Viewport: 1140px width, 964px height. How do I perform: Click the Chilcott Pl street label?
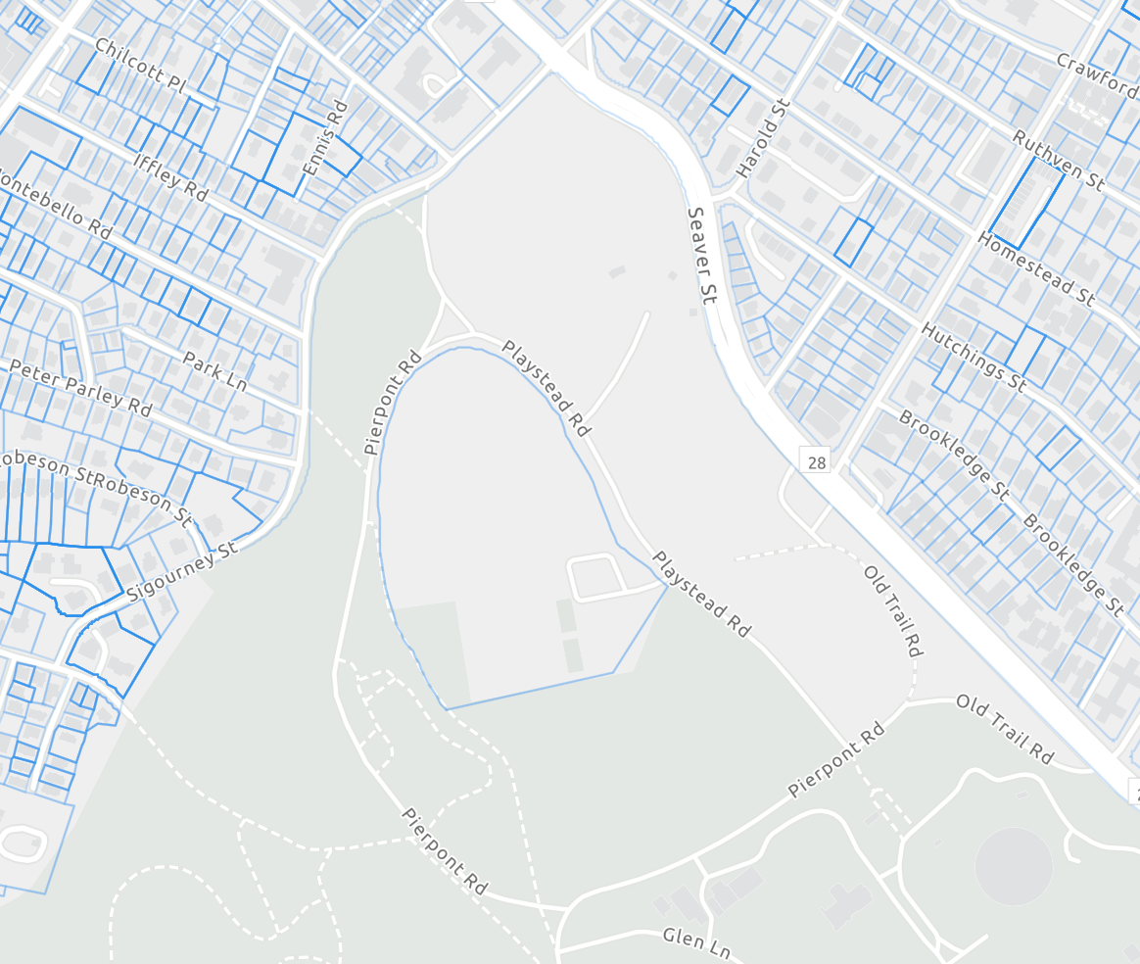click(140, 66)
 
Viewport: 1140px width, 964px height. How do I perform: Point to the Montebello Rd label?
click(54, 205)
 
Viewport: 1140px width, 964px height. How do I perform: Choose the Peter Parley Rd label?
click(79, 387)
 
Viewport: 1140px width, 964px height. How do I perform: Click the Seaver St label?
click(702, 255)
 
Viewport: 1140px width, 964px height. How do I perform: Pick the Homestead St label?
click(1035, 268)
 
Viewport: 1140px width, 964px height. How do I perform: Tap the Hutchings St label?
click(974, 358)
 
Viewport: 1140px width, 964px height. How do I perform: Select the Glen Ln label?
click(696, 942)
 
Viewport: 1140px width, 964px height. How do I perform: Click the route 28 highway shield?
click(816, 459)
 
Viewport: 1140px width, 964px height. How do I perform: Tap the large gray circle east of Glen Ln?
click(1014, 867)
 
